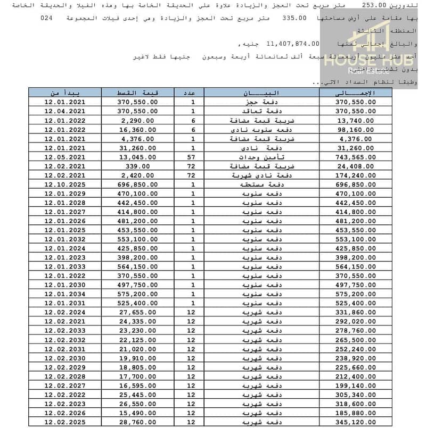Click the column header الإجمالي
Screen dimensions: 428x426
tap(355, 92)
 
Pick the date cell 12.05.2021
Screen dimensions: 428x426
tap(65, 157)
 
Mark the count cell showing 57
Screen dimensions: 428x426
tap(193, 157)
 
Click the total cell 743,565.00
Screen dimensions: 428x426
tap(355, 157)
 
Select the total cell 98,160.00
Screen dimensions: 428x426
tap(355, 129)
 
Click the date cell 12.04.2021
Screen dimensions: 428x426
tap(65, 111)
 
